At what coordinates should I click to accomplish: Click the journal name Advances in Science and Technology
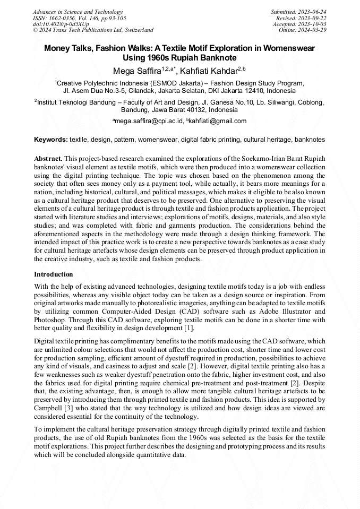pyautogui.click(x=78, y=12)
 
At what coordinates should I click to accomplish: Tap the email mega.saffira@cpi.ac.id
pyautogui.click(x=149, y=121)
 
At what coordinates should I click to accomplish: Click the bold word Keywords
pyautogui.click(x=51, y=140)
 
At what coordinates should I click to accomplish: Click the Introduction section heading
pyautogui.click(x=54, y=274)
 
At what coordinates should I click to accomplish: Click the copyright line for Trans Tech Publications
pyautogui.click(x=93, y=30)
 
